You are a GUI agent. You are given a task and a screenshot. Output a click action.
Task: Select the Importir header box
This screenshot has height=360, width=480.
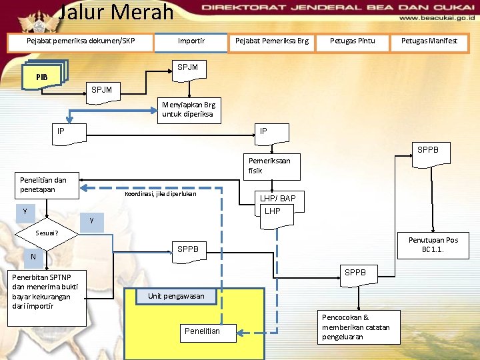(x=191, y=41)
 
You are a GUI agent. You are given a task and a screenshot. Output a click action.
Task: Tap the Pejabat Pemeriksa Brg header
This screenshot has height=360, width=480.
(x=271, y=41)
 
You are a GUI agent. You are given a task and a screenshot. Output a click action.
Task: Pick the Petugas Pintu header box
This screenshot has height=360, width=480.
(x=352, y=41)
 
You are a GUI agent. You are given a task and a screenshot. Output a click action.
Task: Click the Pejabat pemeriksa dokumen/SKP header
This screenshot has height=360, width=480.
(x=80, y=41)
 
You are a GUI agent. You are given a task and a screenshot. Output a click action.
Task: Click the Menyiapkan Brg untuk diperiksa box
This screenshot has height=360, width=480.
(x=188, y=109)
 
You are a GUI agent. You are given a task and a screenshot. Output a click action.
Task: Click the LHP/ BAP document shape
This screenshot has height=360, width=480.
(x=277, y=204)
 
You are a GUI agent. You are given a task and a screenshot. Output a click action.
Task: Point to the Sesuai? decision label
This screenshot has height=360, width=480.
(x=47, y=233)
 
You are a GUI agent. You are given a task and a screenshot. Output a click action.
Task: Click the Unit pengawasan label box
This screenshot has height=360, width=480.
(x=176, y=296)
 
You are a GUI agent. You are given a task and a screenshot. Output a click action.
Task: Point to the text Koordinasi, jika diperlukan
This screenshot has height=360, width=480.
(x=160, y=195)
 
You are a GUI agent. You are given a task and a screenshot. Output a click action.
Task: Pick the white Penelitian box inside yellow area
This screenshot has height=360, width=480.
(x=202, y=331)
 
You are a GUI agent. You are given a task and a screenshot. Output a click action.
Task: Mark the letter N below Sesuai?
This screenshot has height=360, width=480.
(x=33, y=257)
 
